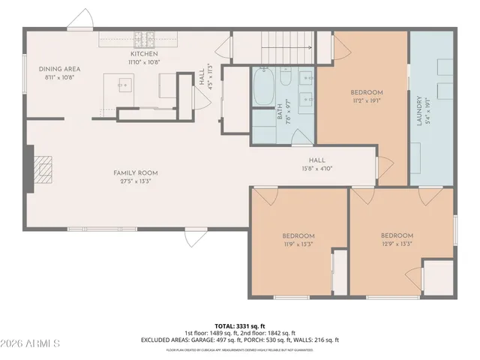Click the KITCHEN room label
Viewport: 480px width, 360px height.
pyautogui.click(x=143, y=54)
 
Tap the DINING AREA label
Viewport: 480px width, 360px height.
pyautogui.click(x=59, y=69)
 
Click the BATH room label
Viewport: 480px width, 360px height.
pyautogui.click(x=280, y=112)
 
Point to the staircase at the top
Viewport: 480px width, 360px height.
pyautogui.click(x=286, y=46)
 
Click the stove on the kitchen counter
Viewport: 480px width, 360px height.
pyautogui.click(x=144, y=37)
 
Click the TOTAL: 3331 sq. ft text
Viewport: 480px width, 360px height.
pyautogui.click(x=239, y=326)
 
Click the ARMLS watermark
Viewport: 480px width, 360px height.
pyautogui.click(x=31, y=343)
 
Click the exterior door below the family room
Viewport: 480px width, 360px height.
pyautogui.click(x=193, y=237)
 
